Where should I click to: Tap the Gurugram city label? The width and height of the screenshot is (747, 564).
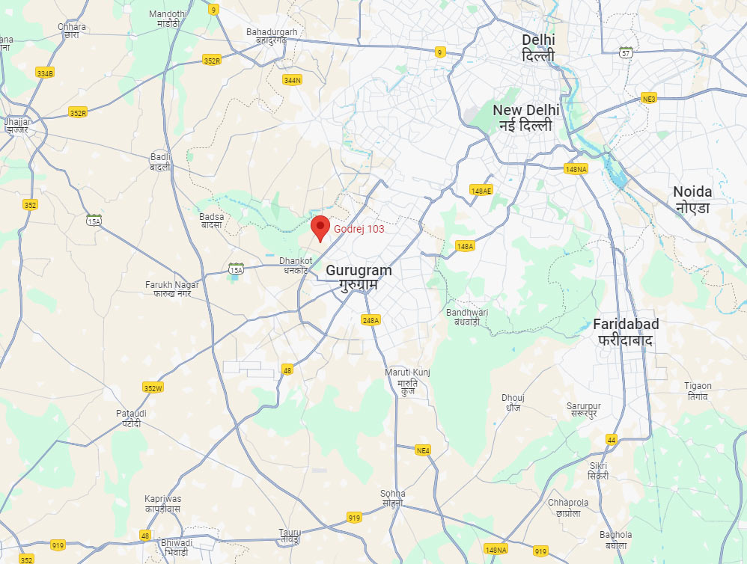point(359,278)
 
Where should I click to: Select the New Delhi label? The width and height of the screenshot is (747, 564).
point(525,117)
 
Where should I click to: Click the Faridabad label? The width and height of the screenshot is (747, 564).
point(626,331)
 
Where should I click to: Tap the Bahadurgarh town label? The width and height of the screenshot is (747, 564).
point(272,36)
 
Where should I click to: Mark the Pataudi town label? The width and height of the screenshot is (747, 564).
point(131,418)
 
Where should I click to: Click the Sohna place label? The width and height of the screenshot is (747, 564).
point(392,497)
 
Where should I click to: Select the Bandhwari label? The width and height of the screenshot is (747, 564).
point(466,316)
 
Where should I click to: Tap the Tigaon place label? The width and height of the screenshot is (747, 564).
point(698,390)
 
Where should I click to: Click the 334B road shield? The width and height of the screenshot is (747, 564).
point(45,73)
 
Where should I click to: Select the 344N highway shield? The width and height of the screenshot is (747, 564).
point(292,80)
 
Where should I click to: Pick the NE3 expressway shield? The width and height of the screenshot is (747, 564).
point(648,99)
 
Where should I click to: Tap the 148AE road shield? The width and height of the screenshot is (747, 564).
point(481,190)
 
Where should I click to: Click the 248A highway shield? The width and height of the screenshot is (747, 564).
point(371,320)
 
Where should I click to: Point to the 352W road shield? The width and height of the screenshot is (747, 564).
point(153,387)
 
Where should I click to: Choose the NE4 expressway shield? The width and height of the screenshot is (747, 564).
point(423,450)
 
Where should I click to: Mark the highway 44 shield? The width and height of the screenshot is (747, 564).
point(611,439)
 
